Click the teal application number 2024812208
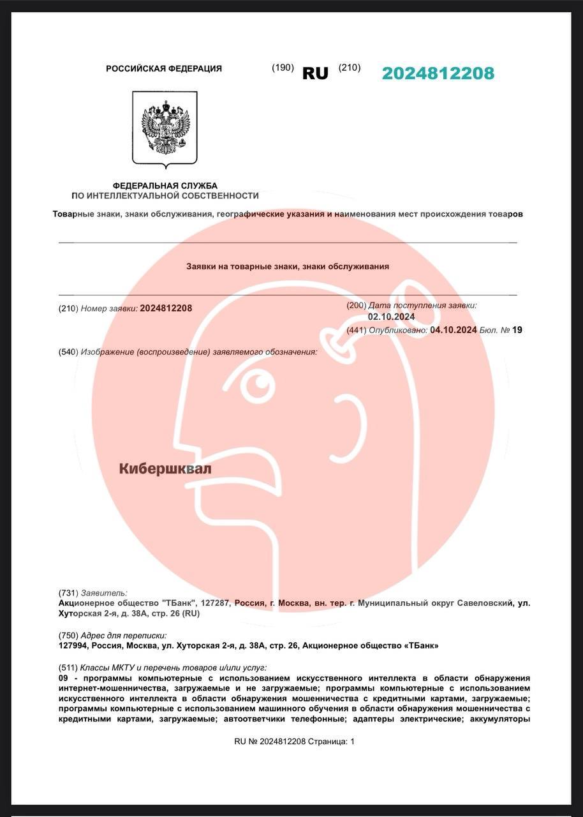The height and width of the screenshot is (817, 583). pos(438,73)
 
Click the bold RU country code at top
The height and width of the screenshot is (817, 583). pos(315,73)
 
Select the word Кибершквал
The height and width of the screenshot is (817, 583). pos(165,468)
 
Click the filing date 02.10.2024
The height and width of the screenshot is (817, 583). pos(391,317)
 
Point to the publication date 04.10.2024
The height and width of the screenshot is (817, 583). pos(454,330)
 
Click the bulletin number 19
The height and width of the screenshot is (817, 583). pos(517,330)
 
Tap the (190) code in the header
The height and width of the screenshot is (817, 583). pos(283,68)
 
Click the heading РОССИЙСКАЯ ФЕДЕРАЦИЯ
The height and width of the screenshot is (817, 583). pos(164,68)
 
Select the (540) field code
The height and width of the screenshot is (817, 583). pos(68,352)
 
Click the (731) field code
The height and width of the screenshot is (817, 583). pos(68,592)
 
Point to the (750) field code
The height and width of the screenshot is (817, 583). pos(68,635)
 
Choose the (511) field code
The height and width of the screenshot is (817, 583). pos(68,667)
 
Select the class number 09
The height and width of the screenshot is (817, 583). pos(63,677)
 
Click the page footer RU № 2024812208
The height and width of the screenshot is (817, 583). pos(270,741)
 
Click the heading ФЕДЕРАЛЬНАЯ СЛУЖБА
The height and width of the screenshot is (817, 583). pos(165,185)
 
